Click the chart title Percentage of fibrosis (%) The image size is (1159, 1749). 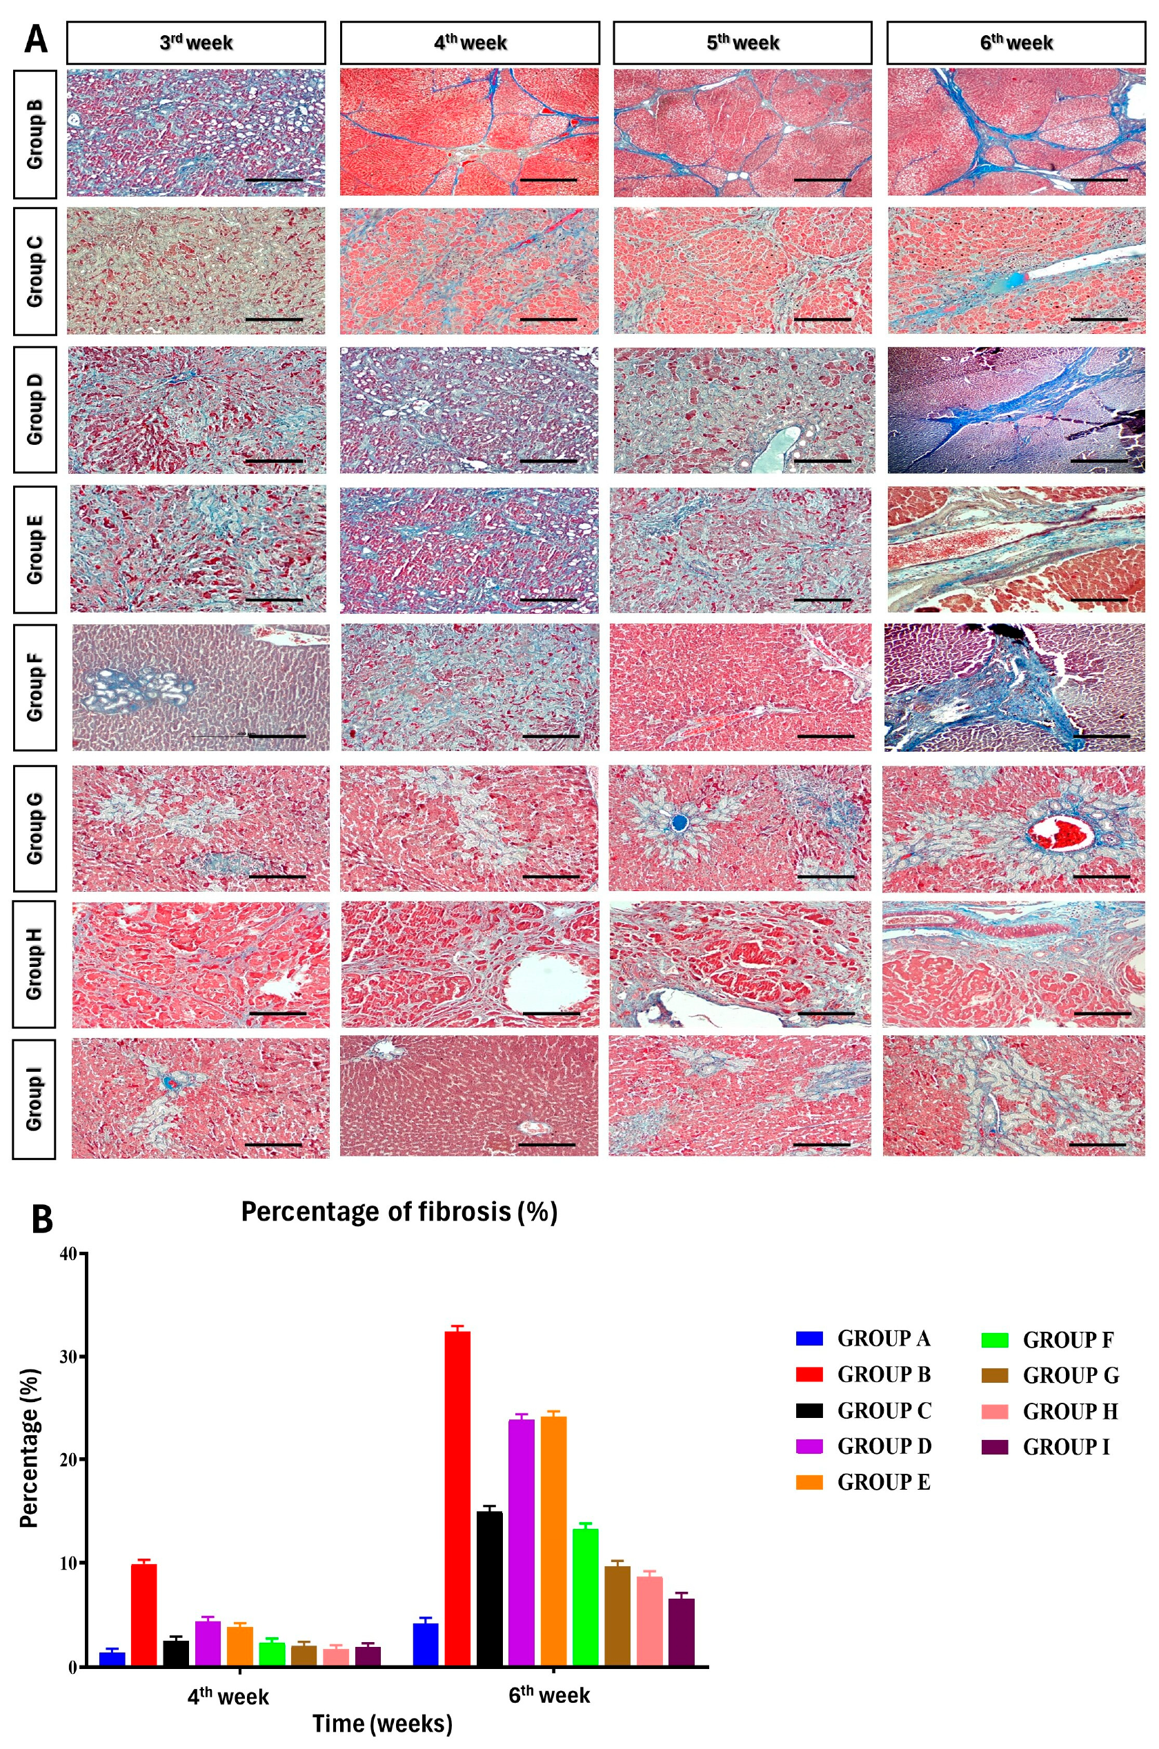click(x=399, y=1212)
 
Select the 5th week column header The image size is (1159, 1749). click(x=742, y=43)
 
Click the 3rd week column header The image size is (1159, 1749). click(x=196, y=43)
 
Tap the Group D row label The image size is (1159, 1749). click(x=34, y=410)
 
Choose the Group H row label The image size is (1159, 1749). click(x=34, y=963)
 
